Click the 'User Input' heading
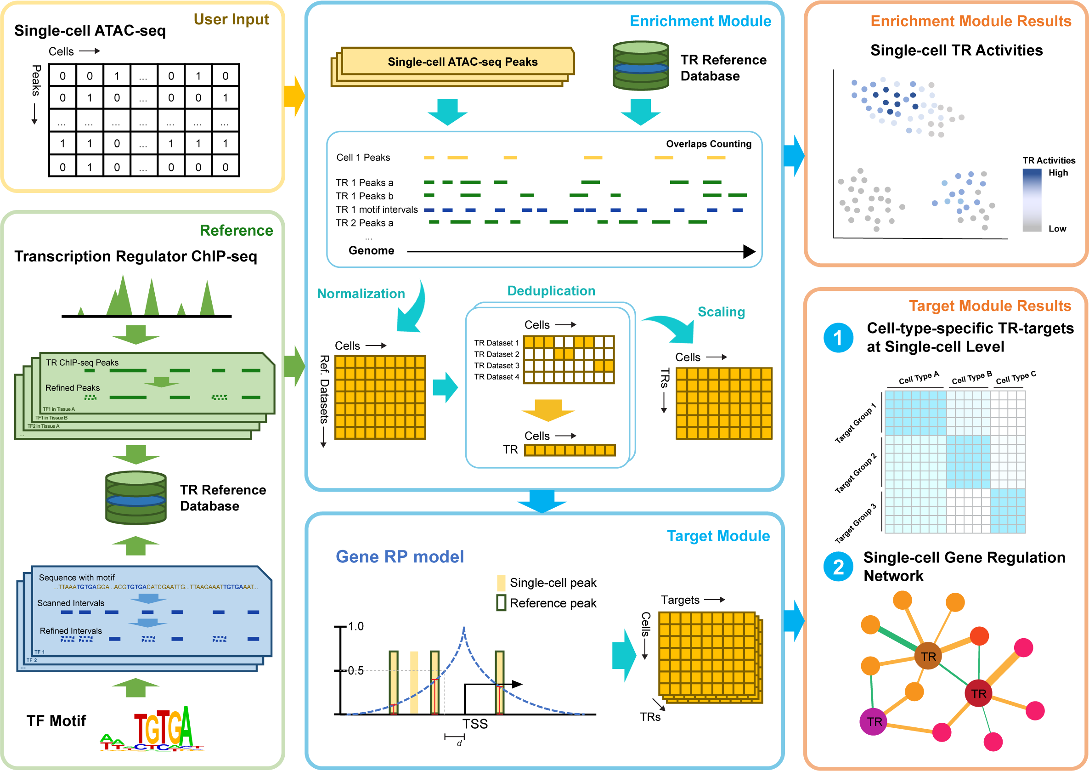coord(231,19)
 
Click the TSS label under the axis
coord(475,724)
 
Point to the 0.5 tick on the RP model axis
coord(355,670)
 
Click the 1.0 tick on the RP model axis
coord(355,626)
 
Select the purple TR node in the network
coord(874,722)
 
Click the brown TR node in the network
coord(928,657)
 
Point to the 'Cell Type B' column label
coord(971,377)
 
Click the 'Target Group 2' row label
coord(856,473)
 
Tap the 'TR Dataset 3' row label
coord(497,366)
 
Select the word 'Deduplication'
coord(551,290)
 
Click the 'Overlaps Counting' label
coord(708,144)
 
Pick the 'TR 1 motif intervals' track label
coord(376,210)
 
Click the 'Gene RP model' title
coord(400,556)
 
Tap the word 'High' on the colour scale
coord(1058,173)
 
